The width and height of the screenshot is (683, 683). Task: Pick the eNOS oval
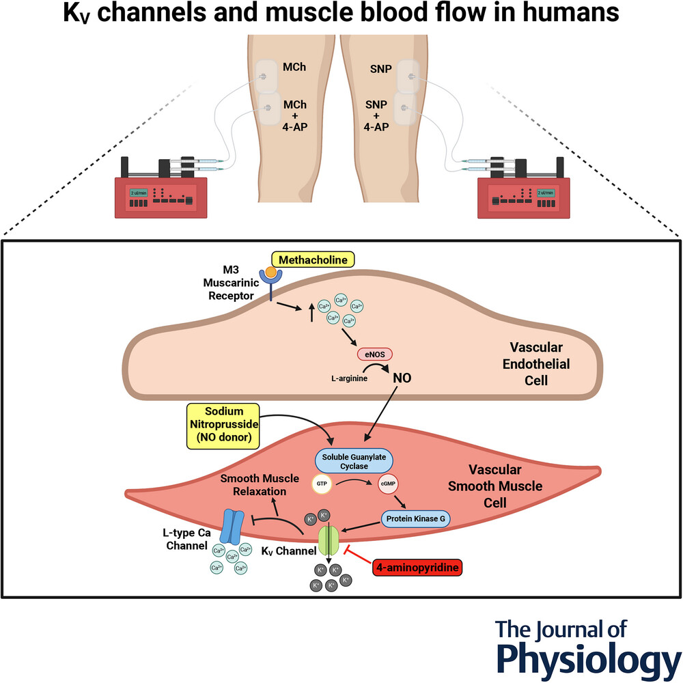374,354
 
